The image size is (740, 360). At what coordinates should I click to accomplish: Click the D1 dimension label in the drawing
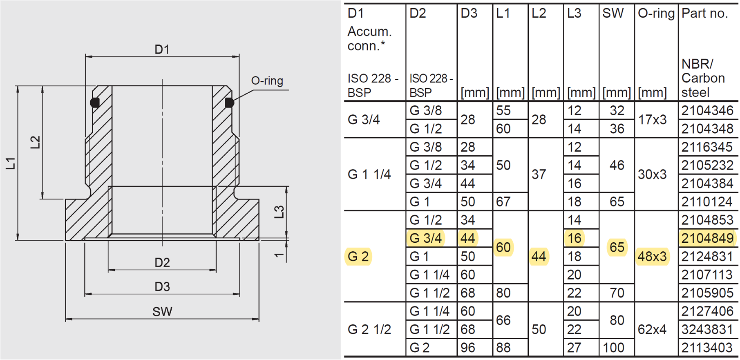point(162,49)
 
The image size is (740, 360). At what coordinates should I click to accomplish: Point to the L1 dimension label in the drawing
point(11,163)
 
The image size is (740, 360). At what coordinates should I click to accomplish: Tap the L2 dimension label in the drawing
point(36,142)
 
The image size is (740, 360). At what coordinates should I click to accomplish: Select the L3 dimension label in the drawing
point(279,212)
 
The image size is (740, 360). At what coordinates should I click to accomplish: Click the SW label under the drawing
point(162,312)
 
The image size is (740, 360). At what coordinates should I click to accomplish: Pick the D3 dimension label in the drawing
point(162,287)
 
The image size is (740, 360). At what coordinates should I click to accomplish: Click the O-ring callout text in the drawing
point(267,80)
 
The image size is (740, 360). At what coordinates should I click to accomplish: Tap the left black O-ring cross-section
point(95,102)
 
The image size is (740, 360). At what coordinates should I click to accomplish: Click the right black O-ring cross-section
point(229,103)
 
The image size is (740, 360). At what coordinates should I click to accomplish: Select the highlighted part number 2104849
point(707,238)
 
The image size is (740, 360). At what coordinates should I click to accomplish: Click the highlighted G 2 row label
point(358,257)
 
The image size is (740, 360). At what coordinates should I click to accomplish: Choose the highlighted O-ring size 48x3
point(652,257)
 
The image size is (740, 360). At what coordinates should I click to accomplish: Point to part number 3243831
point(707,329)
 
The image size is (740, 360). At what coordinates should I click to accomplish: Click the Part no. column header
point(704,13)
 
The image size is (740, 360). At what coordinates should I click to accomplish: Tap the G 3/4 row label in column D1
point(364,120)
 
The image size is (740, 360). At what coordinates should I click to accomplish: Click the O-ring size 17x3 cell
point(652,120)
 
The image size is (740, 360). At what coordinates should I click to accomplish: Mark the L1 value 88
point(503,348)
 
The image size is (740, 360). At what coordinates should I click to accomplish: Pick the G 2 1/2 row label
point(369,329)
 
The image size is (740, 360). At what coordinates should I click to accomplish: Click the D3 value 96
point(468,348)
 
